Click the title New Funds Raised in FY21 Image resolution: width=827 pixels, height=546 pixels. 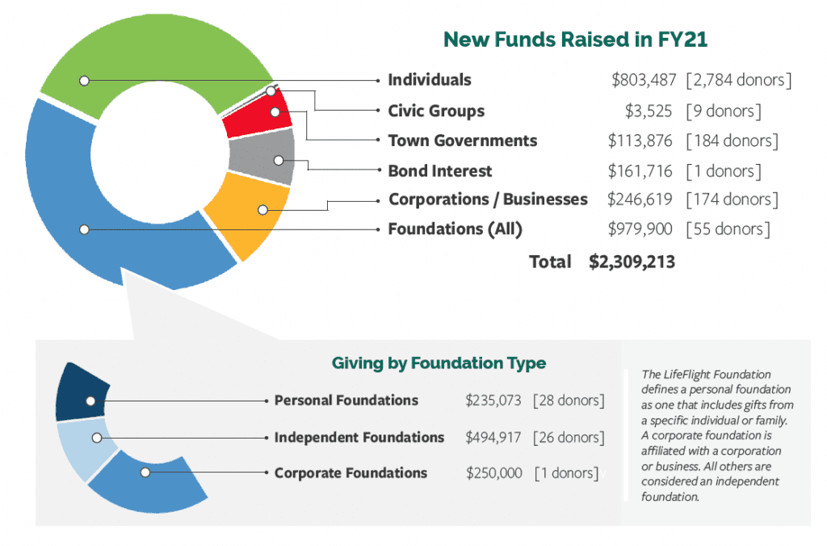[x=576, y=39]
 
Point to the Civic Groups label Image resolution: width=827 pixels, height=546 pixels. [x=436, y=111]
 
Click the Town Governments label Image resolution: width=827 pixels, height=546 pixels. [x=462, y=141]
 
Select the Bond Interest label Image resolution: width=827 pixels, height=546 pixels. [x=439, y=170]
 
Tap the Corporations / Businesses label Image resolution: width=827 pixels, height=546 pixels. [x=488, y=199]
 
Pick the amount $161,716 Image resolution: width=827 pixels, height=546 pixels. [x=640, y=170]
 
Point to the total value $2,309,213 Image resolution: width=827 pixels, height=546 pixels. [x=632, y=262]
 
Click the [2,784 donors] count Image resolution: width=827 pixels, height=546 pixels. [x=738, y=80]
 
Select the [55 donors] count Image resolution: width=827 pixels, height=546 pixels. [x=728, y=229]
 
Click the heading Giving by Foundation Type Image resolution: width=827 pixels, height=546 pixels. [x=439, y=363]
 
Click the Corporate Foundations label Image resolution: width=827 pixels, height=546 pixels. [x=351, y=472]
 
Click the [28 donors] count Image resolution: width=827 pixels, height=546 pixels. [x=569, y=400]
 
